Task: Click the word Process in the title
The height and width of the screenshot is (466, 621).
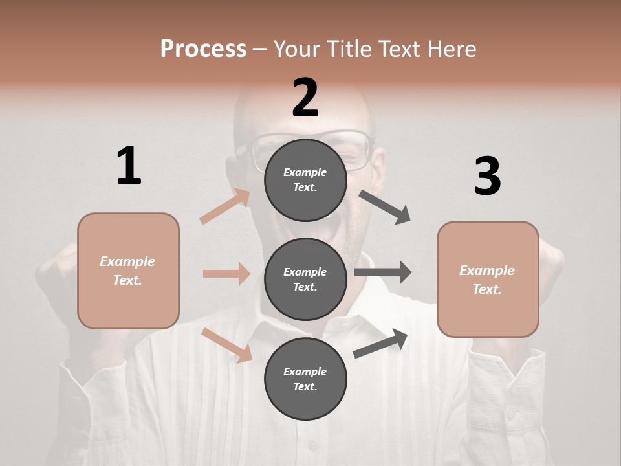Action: click(x=203, y=49)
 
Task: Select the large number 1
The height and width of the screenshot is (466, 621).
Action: click(x=129, y=166)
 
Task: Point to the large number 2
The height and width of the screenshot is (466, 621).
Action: click(x=305, y=97)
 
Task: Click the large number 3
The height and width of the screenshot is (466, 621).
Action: click(x=487, y=177)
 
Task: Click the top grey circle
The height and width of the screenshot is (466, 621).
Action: click(x=305, y=180)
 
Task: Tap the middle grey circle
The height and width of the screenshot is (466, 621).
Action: click(x=305, y=279)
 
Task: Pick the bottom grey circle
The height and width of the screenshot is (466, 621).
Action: click(x=305, y=379)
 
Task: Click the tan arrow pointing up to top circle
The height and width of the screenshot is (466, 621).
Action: click(x=225, y=206)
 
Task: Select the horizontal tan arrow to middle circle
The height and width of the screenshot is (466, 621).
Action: click(x=226, y=274)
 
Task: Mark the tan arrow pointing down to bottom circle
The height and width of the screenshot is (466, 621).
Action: click(x=227, y=345)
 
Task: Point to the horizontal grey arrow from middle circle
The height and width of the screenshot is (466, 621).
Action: click(x=383, y=272)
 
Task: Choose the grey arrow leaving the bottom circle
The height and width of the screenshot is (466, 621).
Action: click(x=380, y=344)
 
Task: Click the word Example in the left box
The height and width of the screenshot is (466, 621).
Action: click(x=127, y=261)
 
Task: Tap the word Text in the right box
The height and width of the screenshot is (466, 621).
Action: click(x=486, y=289)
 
